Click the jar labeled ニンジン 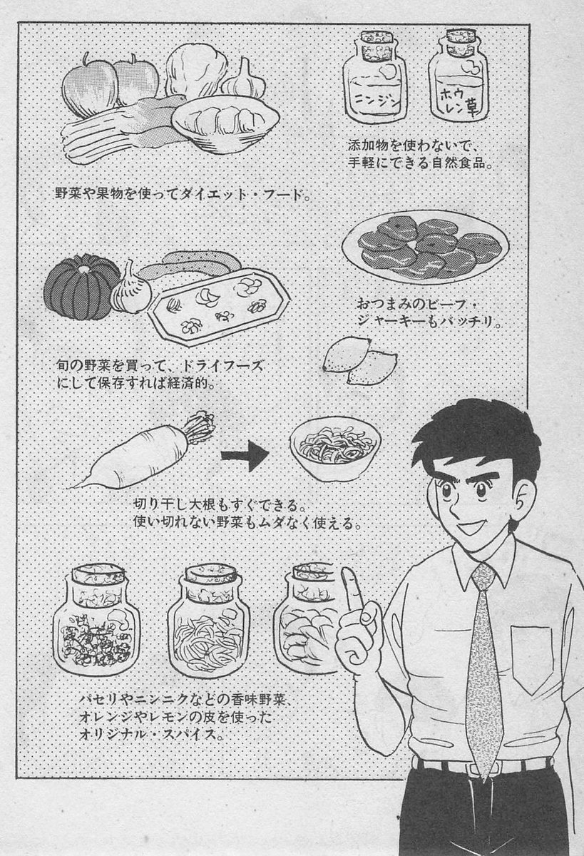(374, 78)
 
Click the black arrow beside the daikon (245, 456)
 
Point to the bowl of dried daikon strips (335, 448)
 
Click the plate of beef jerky (425, 247)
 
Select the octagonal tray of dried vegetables (219, 307)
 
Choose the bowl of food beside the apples (225, 124)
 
